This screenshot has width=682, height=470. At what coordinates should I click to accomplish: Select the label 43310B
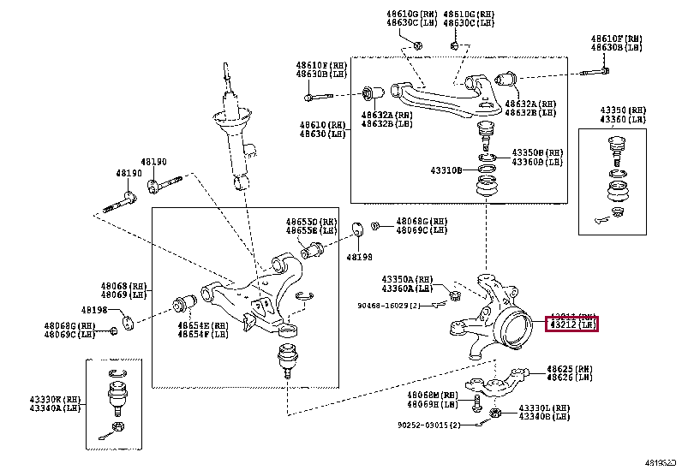click(446, 170)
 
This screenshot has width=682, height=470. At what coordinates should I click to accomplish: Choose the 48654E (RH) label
click(202, 326)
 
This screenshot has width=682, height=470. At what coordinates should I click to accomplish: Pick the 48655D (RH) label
click(301, 221)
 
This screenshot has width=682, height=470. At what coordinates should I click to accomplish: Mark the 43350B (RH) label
click(537, 152)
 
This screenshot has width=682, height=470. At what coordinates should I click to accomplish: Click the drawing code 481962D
click(660, 461)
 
